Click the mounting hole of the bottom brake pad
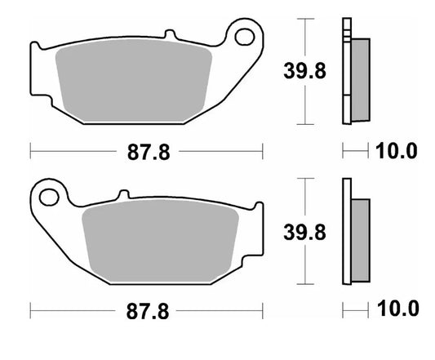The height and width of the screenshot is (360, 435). point(49,197)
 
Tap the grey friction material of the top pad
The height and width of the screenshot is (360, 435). point(135,82)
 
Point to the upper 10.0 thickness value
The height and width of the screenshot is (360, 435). point(397,151)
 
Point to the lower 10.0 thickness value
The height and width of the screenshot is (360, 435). point(397,309)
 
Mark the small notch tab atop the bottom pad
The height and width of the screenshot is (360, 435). point(123,195)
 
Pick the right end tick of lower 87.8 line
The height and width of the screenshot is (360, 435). point(263,310)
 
